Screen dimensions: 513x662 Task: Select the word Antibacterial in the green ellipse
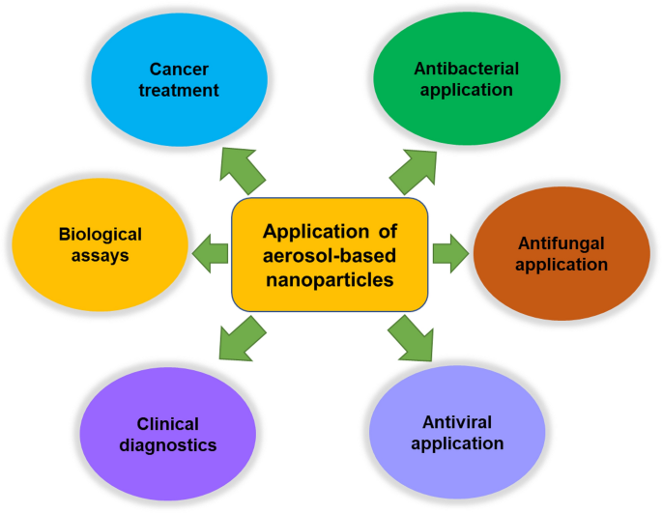466,70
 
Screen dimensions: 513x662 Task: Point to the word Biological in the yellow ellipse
100,235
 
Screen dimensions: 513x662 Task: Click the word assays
100,256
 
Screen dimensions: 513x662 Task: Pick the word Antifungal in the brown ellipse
561,242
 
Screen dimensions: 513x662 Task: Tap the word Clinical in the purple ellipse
168,424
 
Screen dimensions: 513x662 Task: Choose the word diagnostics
168,445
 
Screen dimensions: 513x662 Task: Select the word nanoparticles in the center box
330,280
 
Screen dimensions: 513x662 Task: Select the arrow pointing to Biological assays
211,254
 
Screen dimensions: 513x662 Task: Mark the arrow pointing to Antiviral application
412,337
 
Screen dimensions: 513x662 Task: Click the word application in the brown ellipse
561,264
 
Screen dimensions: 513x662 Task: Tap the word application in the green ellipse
466,91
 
